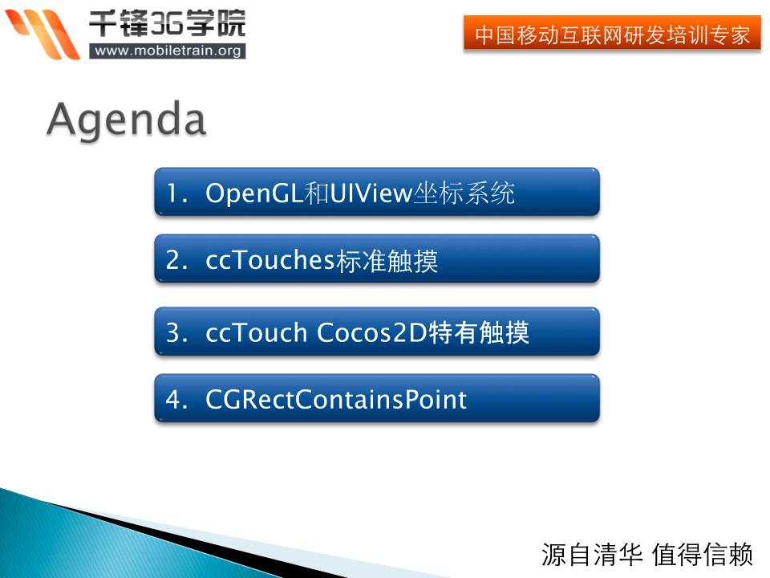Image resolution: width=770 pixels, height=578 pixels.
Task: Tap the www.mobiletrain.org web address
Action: (168, 51)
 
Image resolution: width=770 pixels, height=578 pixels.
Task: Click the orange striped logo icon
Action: (43, 34)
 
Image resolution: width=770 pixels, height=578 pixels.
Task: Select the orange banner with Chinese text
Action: (612, 33)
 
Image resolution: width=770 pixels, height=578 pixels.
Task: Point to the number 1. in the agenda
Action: (176, 193)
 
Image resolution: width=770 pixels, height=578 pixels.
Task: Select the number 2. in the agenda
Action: (176, 260)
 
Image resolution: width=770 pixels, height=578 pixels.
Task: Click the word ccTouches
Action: (270, 259)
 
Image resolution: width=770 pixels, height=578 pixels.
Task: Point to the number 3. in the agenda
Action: (176, 332)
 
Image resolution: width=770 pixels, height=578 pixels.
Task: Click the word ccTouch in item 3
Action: (257, 332)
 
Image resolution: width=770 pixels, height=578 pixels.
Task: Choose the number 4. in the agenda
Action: (176, 399)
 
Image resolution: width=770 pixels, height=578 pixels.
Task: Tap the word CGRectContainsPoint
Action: (336, 399)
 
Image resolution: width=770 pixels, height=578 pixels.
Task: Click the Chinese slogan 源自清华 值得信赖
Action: (647, 555)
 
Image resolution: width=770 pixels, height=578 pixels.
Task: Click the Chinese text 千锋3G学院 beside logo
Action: (167, 23)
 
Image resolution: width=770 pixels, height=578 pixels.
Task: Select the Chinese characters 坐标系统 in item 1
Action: (464, 193)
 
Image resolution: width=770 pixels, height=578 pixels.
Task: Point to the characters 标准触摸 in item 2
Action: (387, 260)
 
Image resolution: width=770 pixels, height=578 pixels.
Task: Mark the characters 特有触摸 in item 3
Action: (480, 332)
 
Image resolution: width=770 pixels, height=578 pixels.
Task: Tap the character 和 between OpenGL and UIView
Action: (316, 193)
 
